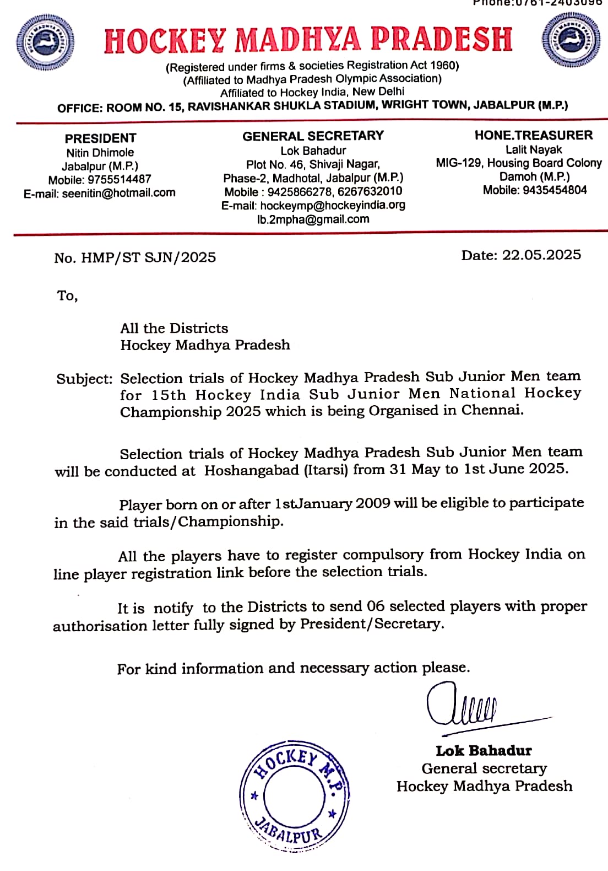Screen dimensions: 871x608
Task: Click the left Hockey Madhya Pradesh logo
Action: (x=46, y=42)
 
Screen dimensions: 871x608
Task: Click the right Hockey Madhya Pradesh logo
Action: (x=570, y=40)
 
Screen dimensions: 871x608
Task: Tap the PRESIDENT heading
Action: (x=100, y=138)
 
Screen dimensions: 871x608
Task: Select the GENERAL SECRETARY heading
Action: (x=313, y=136)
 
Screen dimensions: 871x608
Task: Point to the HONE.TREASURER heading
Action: (x=534, y=135)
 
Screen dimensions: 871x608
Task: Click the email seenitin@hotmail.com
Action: (x=118, y=193)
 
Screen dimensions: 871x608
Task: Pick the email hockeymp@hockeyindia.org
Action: (x=333, y=205)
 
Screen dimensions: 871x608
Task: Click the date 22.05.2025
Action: (x=541, y=255)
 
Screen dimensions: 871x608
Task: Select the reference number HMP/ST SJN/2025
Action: (x=148, y=257)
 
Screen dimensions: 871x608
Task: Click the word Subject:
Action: (x=84, y=379)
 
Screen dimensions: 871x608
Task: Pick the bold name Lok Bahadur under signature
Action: (x=484, y=751)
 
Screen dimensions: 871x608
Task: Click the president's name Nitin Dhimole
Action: (x=100, y=153)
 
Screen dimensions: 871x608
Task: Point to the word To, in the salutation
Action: (x=67, y=296)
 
